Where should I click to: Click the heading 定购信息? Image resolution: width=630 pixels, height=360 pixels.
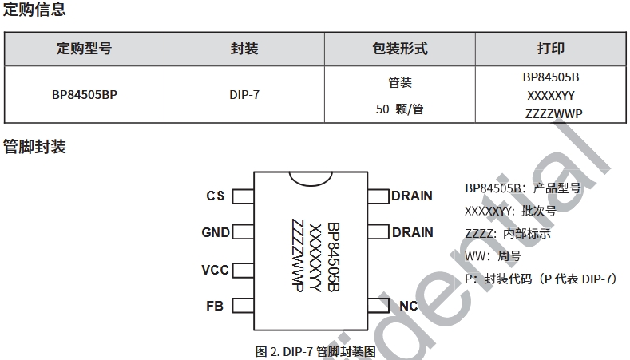[x=34, y=10]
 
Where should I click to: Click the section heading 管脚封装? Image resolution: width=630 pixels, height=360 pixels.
[x=34, y=147]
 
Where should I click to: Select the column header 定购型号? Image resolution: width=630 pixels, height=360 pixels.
[x=84, y=49]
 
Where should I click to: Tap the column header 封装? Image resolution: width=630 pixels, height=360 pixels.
[x=244, y=49]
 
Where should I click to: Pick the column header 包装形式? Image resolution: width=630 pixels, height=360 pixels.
[x=399, y=49]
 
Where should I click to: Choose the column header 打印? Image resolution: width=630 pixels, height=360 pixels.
[x=551, y=49]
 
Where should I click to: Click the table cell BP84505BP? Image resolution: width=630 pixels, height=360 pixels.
[x=84, y=95]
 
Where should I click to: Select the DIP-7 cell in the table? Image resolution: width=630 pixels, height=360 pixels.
[x=244, y=95]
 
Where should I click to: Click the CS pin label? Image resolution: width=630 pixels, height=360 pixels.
[x=215, y=196]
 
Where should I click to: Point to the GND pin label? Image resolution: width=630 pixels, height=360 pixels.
[x=215, y=233]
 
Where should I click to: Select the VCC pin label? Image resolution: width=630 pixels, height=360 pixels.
[x=215, y=270]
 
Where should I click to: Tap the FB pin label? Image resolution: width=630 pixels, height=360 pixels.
[x=215, y=307]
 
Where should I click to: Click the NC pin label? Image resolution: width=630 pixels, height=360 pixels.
[x=408, y=306]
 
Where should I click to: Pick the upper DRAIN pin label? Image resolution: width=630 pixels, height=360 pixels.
[x=412, y=196]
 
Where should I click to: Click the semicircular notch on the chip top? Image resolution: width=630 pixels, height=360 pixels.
[x=311, y=176]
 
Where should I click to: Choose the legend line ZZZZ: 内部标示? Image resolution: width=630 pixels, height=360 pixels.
[x=507, y=234]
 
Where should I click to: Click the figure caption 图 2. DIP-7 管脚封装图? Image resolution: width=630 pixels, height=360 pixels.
[x=315, y=351]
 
